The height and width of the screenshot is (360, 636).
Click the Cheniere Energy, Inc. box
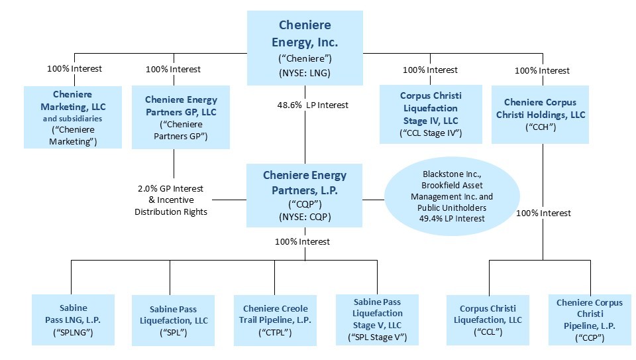(x=305, y=48)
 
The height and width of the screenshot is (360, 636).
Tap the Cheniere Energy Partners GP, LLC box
(x=180, y=117)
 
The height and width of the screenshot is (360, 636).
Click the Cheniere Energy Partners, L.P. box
(x=305, y=196)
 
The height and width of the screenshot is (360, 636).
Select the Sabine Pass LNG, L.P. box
(x=72, y=320)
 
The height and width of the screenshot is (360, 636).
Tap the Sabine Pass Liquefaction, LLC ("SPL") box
(x=172, y=320)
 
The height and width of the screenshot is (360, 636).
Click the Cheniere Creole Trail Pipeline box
(x=275, y=320)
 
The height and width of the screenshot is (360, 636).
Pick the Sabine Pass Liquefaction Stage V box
(x=377, y=320)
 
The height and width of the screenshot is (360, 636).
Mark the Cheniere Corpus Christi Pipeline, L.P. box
(x=589, y=320)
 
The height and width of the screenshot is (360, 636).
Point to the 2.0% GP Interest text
(x=171, y=188)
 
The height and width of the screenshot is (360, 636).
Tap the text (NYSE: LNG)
(x=305, y=74)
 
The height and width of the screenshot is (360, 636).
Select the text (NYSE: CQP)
(x=305, y=217)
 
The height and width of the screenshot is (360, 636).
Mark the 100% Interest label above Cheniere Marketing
(x=74, y=68)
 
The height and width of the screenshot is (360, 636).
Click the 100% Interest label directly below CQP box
(x=302, y=241)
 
